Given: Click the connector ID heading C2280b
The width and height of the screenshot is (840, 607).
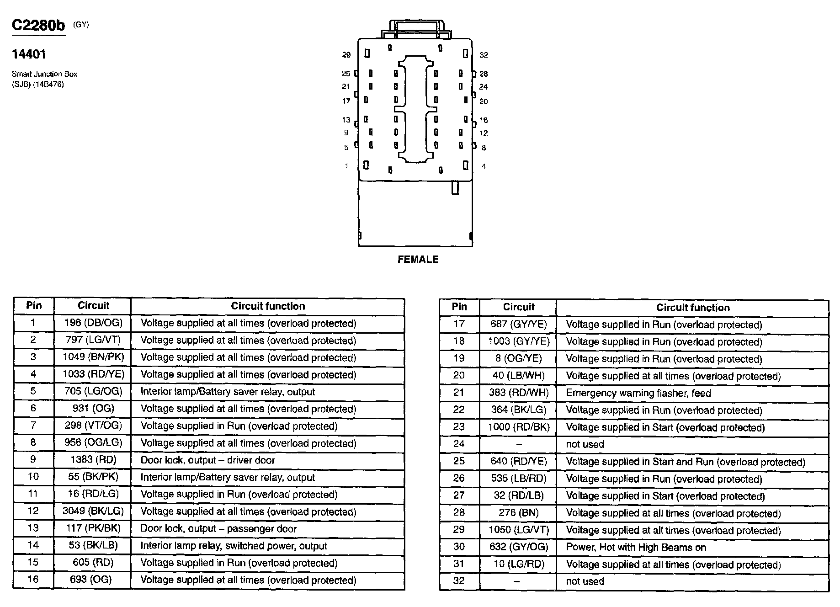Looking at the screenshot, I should (38, 26).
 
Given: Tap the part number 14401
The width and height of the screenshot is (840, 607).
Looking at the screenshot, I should (29, 54).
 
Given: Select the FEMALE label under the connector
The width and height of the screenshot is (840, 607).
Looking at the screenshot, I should (418, 260).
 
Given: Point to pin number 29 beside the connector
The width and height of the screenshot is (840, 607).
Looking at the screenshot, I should (346, 55).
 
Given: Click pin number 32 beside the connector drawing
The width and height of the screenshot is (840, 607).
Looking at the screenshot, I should (484, 55).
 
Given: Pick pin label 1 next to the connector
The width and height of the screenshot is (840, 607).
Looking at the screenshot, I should (346, 165).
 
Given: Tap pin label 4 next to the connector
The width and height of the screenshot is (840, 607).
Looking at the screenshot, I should (484, 166).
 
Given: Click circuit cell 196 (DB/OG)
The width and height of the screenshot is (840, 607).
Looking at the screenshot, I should (93, 323).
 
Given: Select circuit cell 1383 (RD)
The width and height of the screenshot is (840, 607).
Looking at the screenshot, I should (93, 459).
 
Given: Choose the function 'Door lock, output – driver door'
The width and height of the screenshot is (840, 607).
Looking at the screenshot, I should (207, 460).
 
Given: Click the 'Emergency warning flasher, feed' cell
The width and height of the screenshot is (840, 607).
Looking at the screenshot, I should (638, 393).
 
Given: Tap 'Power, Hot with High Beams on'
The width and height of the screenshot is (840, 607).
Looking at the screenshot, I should (636, 547).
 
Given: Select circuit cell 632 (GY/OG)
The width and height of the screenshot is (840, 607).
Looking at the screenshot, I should (518, 547).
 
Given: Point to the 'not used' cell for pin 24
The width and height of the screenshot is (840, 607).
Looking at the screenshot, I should (585, 444).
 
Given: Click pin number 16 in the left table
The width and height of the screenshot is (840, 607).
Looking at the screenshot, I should (33, 579).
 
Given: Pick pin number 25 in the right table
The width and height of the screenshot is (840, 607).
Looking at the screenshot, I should (459, 461).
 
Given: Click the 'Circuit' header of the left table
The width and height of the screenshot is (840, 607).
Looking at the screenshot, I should (93, 306).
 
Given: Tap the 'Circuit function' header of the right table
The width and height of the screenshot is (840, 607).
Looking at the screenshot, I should (693, 308).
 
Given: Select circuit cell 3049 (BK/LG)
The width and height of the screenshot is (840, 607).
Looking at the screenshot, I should (93, 511).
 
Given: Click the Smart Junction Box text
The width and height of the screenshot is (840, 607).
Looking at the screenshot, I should (44, 74).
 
